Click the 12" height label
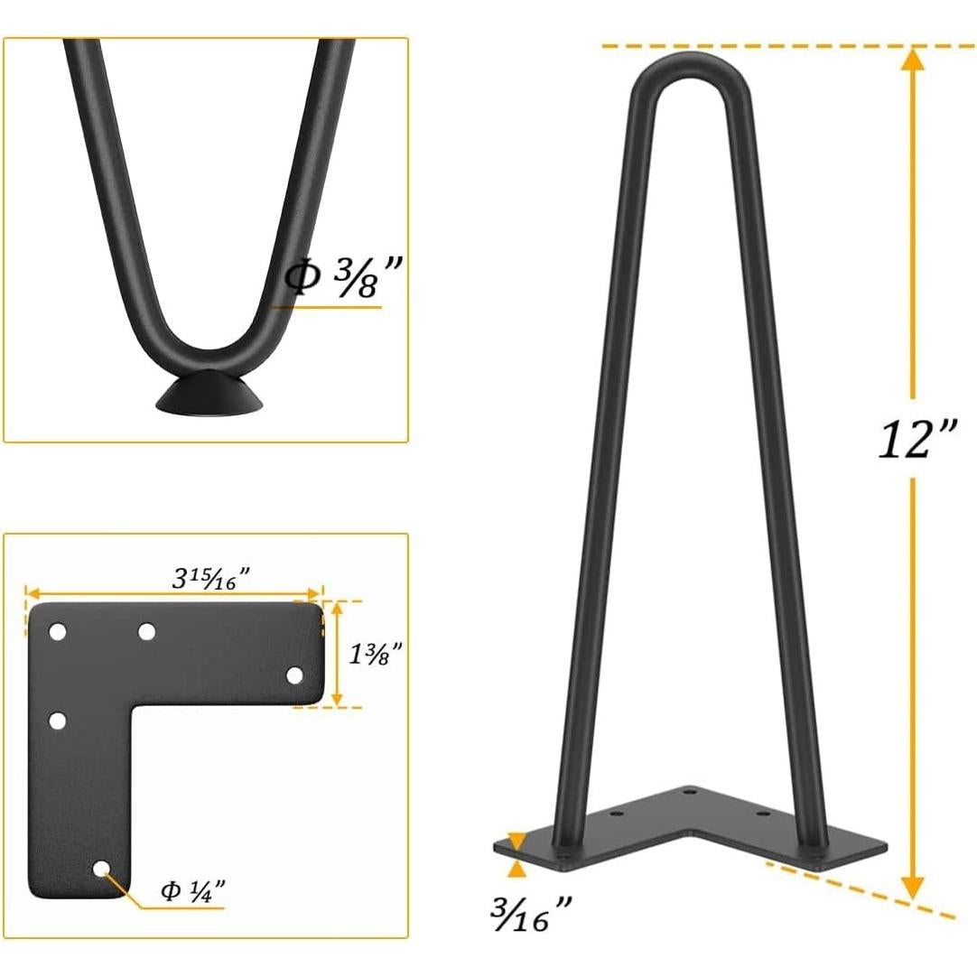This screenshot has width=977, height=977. point(917,439)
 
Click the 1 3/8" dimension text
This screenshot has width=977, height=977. point(374,653)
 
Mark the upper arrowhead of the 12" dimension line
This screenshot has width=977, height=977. point(914,60)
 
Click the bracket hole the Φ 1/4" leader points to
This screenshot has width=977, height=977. point(101,869)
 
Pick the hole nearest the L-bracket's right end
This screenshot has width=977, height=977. point(294,675)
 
